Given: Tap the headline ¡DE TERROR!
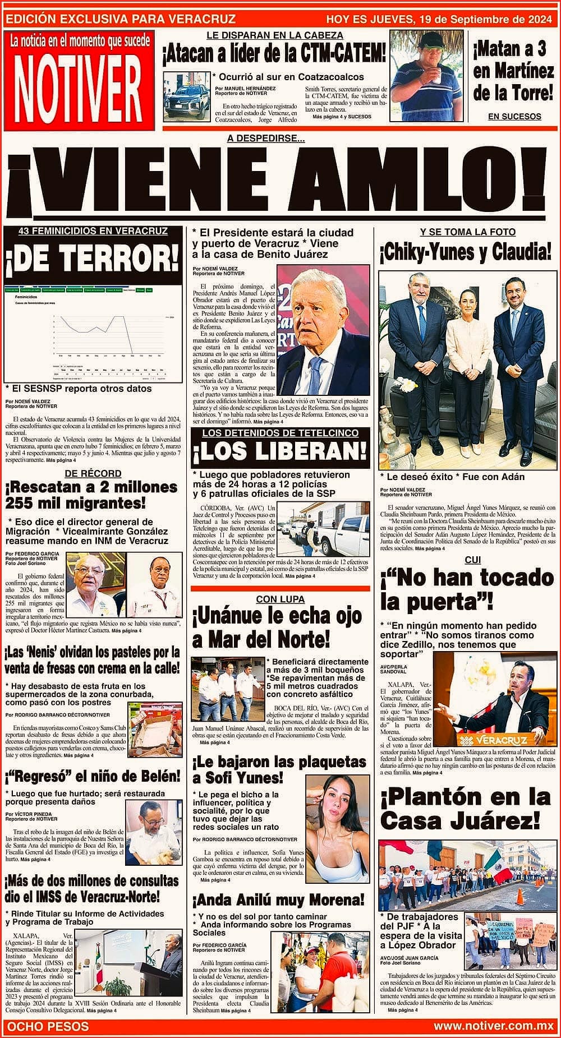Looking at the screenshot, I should click(x=93, y=257).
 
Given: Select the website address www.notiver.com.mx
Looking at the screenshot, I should click(x=494, y=1026).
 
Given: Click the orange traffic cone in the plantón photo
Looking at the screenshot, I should click(x=519, y=896).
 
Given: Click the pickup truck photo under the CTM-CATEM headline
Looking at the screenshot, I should click(x=185, y=96).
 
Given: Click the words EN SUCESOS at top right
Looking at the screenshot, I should click(x=514, y=117).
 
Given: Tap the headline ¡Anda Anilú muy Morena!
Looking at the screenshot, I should click(x=279, y=901).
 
